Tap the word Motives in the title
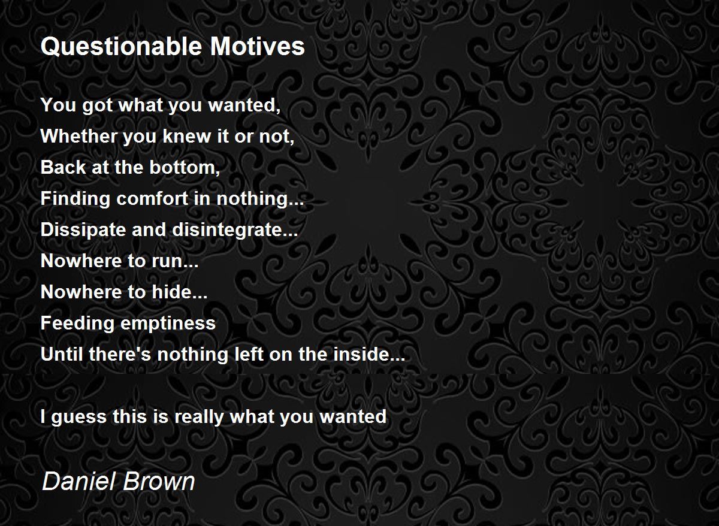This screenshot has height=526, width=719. pos(257,47)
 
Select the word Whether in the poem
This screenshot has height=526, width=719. pos(79,136)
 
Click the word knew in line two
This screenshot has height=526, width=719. pos(186,136)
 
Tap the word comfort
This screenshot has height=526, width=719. pos(152,198)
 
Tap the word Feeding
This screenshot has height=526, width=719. pos(77,324)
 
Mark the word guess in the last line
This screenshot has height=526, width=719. pos(78,417)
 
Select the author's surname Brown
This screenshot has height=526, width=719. pos(159,481)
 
